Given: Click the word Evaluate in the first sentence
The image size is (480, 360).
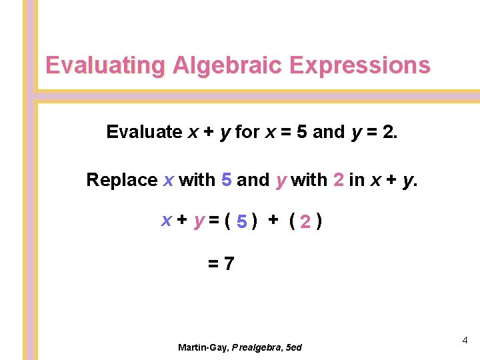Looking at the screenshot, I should (x=144, y=132).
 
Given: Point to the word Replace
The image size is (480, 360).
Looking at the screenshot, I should (x=122, y=180).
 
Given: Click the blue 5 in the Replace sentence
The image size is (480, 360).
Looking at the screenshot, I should (x=227, y=180).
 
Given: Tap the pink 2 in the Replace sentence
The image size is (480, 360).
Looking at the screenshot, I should (x=338, y=180).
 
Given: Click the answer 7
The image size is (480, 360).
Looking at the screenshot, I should (x=229, y=264).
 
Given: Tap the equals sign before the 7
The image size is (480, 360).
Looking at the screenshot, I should (x=213, y=264).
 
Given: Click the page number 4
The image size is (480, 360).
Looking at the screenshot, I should (x=465, y=341).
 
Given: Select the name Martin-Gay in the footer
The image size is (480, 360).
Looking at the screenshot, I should (x=203, y=347).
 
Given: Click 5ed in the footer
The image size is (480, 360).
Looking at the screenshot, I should (x=294, y=347).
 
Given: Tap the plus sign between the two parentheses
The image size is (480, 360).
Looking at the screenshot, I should (x=273, y=222).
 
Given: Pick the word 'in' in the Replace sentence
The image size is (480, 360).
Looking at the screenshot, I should (x=356, y=180).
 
